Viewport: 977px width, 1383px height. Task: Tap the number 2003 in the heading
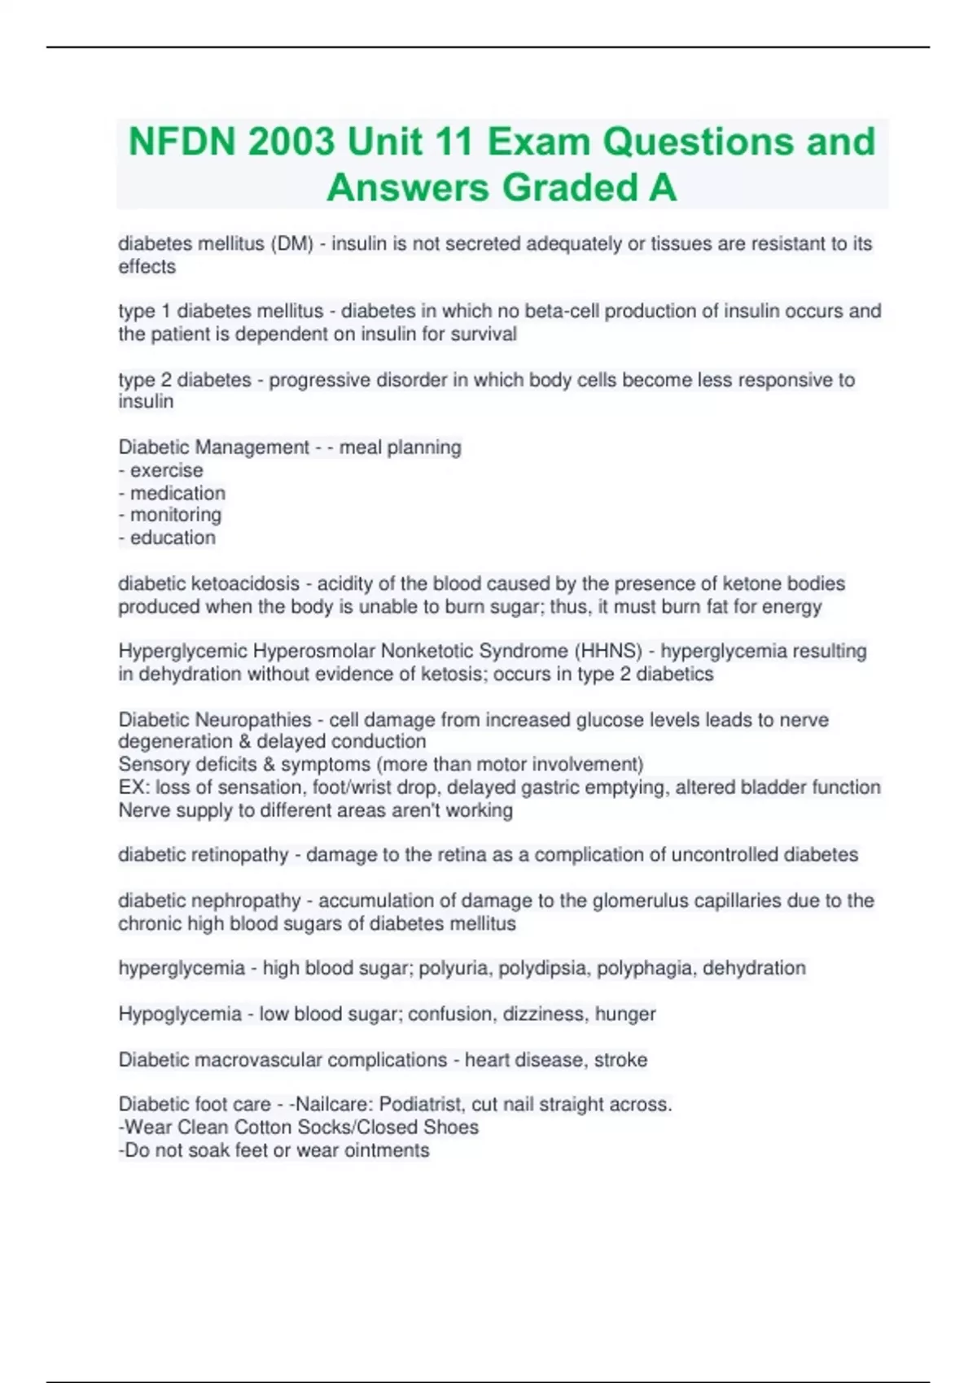coord(291,142)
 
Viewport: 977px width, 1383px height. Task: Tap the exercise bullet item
coord(166,470)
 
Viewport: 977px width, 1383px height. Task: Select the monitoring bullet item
coord(175,515)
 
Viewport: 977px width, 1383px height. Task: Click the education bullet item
coord(173,538)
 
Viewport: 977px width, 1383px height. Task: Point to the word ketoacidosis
coord(245,584)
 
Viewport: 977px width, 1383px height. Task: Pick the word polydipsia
coord(544,968)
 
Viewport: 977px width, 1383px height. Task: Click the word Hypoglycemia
coord(180,1014)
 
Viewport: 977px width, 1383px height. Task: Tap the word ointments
coord(387,1150)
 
